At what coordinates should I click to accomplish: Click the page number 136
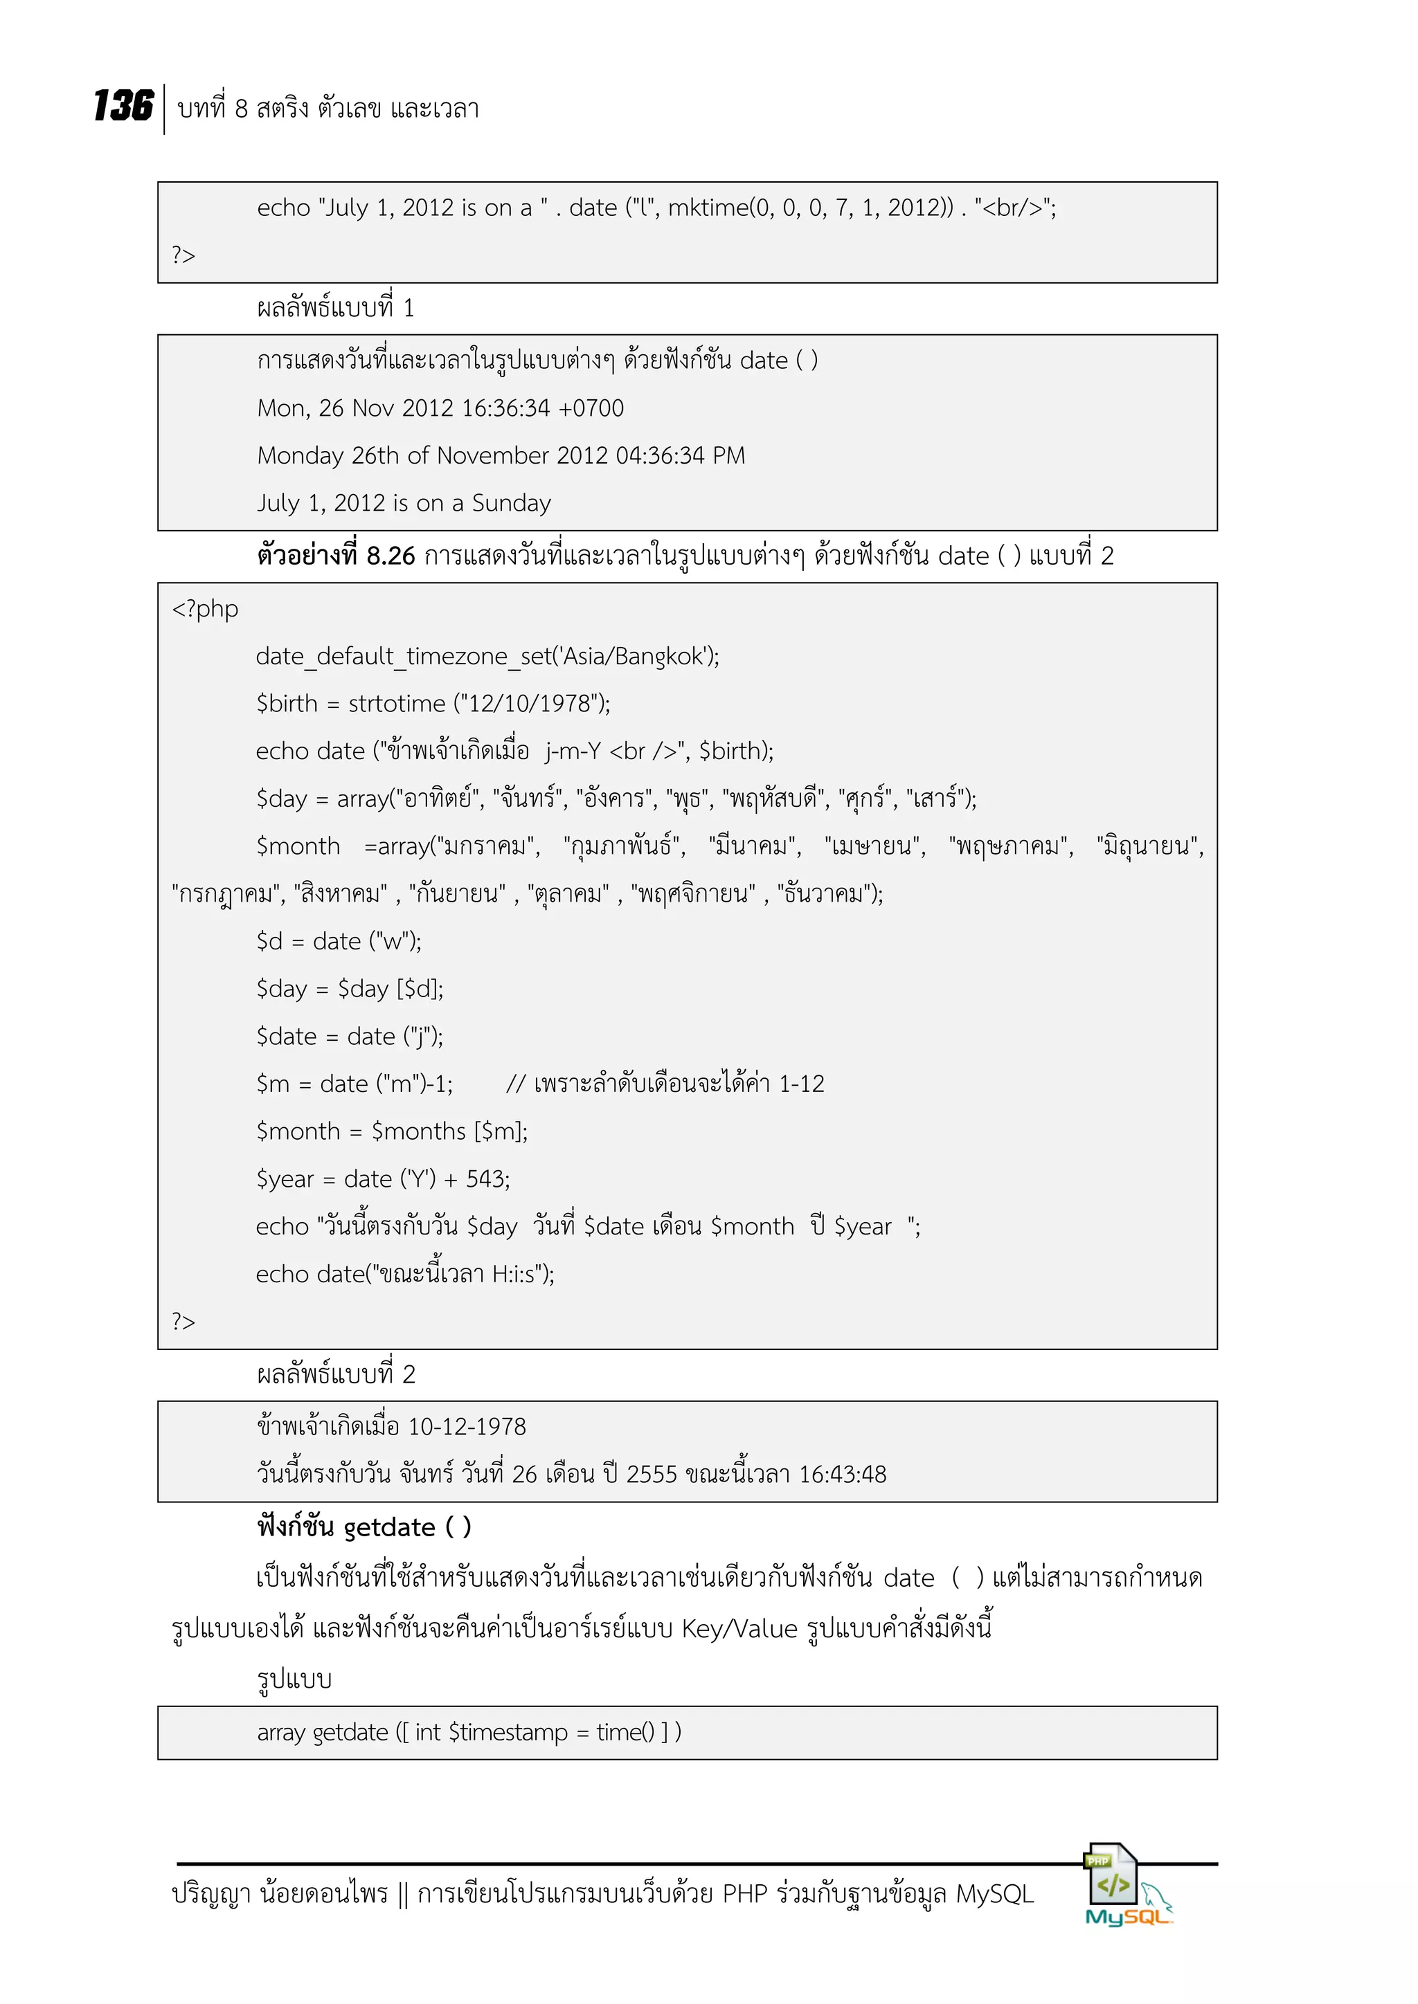pyautogui.click(x=123, y=107)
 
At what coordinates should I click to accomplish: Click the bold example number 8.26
pyautogui.click(x=391, y=556)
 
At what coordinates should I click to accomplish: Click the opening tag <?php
pyautogui.click(x=205, y=609)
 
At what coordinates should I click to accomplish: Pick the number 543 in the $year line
pyautogui.click(x=485, y=1179)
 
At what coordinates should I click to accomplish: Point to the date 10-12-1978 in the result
pyautogui.click(x=467, y=1427)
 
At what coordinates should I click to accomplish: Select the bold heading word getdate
pyautogui.click(x=389, y=1527)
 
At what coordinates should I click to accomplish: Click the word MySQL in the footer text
pyautogui.click(x=994, y=1894)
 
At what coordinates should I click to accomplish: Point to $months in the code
pyautogui.click(x=418, y=1132)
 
